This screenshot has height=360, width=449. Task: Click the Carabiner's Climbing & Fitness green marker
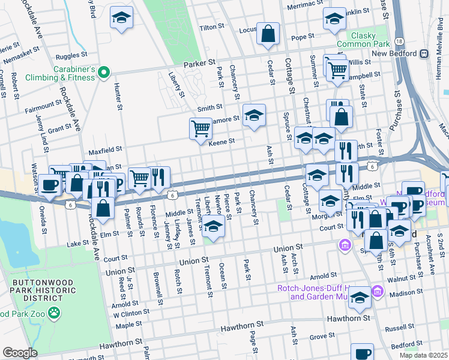click(104, 73)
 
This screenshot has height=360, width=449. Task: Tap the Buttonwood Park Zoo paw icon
click(55, 313)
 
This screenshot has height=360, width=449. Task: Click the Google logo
click(20, 353)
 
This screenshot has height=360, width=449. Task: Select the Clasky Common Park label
click(363, 40)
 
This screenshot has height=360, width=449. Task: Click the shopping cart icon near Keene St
click(200, 128)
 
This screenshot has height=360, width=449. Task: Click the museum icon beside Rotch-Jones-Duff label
click(378, 291)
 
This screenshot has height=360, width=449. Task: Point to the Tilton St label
click(211, 28)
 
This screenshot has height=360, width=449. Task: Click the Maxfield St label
click(106, 149)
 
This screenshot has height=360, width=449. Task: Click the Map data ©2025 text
click(423, 355)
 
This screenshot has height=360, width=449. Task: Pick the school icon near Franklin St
click(334, 19)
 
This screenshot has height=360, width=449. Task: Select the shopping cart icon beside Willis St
click(337, 69)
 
